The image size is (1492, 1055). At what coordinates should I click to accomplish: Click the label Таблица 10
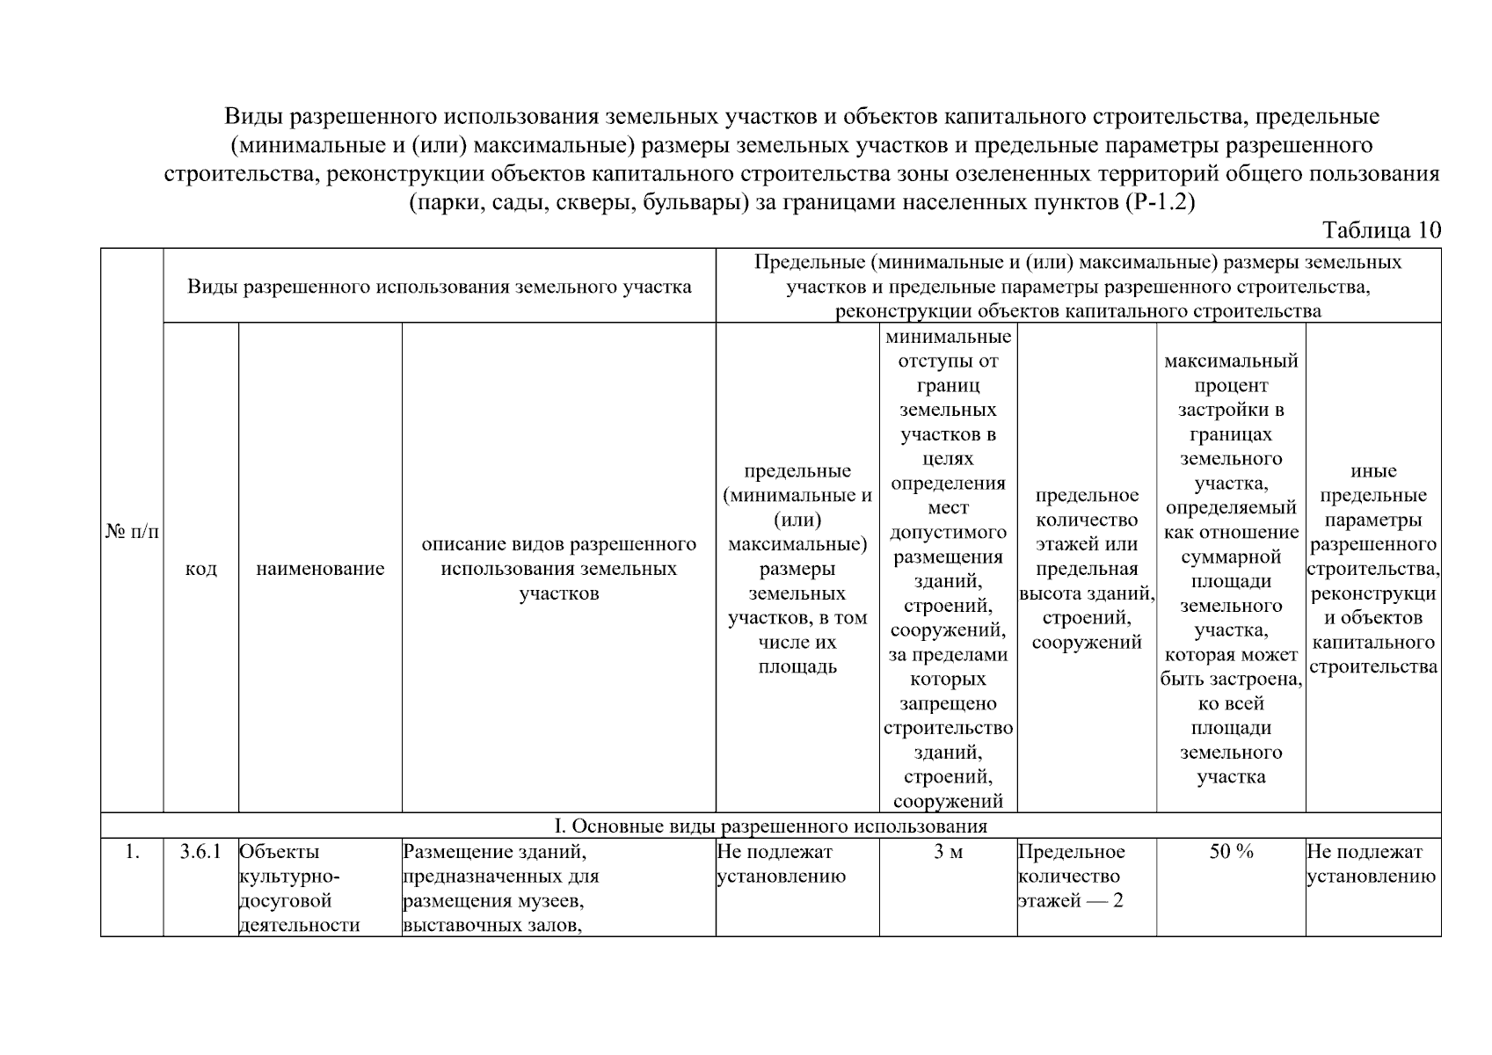pos(1381,230)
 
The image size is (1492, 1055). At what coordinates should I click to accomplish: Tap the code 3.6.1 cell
pos(200,852)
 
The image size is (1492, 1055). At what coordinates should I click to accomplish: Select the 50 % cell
pos(1231,852)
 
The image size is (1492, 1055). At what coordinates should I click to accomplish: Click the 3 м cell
pos(948,852)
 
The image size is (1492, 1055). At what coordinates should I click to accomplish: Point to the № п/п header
pos(132,532)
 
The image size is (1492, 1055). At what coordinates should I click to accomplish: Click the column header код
pos(200,569)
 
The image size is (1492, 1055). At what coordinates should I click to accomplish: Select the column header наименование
pos(320,569)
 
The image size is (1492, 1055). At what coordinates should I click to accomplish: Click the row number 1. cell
pos(132,852)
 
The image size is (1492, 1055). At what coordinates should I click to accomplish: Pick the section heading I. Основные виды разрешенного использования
pos(770,826)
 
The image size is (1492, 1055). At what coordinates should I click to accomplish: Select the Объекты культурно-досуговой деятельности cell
pos(299,888)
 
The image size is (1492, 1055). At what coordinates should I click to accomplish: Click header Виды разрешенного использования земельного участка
pos(439,287)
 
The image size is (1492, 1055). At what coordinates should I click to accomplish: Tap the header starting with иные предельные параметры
pos(1372,569)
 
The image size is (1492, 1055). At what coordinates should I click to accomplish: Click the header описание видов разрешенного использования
pos(558,569)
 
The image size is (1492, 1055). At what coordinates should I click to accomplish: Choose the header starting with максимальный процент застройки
pos(1231,569)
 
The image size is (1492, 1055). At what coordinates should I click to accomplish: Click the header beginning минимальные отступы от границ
pos(948,569)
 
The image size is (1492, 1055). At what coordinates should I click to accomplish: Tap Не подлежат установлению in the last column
pos(1371,864)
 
